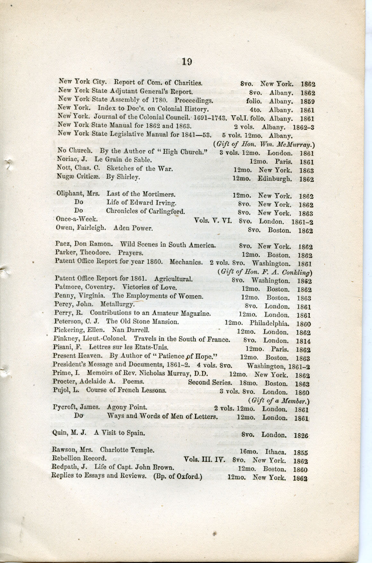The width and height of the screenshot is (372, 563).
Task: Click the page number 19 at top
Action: pos(186,61)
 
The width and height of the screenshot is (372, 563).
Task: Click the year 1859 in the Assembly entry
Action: pos(307,102)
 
